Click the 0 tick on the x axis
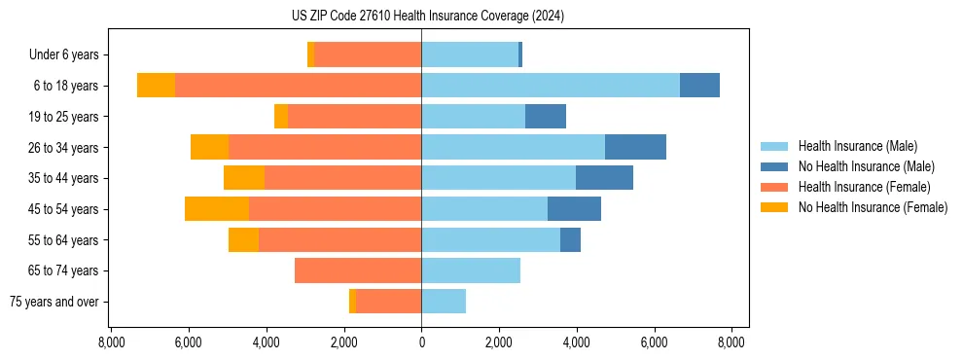[421, 342]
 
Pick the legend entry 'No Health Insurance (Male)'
[866, 166]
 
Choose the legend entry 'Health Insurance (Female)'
[864, 187]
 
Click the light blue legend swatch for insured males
[774, 146]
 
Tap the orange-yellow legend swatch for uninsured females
[774, 207]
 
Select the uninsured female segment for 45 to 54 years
[216, 209]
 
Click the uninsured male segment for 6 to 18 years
[699, 86]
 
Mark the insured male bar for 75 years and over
[444, 302]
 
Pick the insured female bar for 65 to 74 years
[358, 270]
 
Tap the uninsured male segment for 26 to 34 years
[635, 147]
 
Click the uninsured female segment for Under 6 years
[310, 55]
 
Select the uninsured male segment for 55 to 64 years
[570, 239]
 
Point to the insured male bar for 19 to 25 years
[473, 117]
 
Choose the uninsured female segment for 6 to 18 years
[156, 86]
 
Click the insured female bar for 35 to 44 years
[342, 178]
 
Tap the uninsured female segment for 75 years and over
[352, 302]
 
